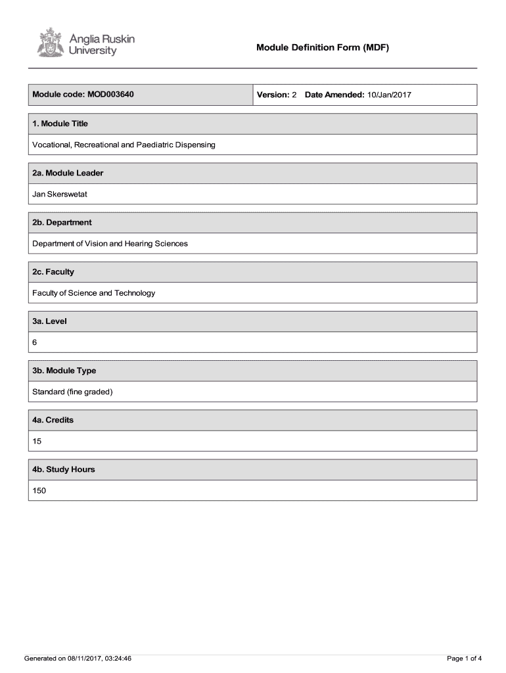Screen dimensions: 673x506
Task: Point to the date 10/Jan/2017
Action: click(389, 95)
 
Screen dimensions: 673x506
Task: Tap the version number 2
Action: click(294, 95)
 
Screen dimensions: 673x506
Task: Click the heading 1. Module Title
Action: click(60, 124)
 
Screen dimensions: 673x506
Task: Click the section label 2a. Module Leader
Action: click(68, 173)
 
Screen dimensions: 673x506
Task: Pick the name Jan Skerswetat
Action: click(60, 194)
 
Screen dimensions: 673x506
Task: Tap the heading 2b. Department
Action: click(62, 222)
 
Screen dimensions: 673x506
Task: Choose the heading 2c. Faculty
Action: click(53, 271)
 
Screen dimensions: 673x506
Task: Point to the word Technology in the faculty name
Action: click(135, 292)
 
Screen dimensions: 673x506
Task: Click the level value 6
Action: click(35, 342)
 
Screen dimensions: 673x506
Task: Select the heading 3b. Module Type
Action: click(64, 371)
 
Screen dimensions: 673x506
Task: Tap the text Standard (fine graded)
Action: click(73, 392)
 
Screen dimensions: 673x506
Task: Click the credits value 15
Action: click(37, 441)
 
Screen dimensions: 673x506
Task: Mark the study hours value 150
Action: click(39, 490)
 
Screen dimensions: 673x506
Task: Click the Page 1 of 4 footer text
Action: click(465, 658)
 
